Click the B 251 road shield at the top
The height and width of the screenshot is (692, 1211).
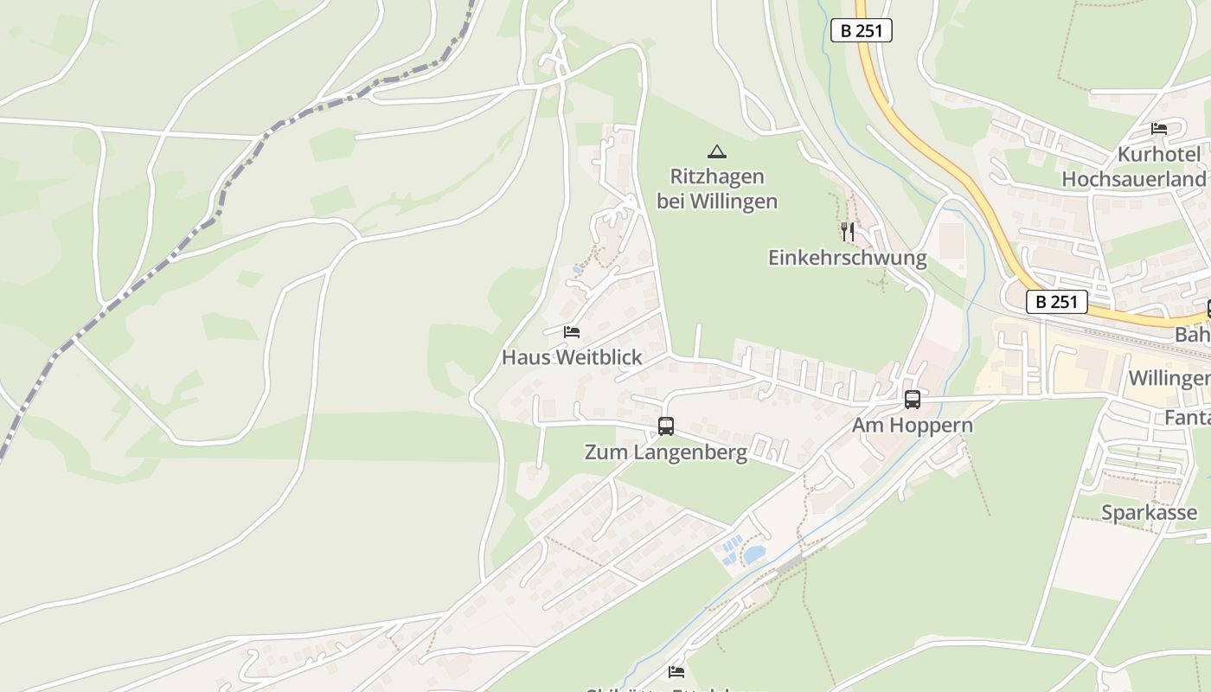click(x=861, y=30)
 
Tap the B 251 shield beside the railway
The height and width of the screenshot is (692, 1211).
click(x=1056, y=302)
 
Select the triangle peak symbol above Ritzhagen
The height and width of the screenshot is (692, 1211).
click(x=716, y=151)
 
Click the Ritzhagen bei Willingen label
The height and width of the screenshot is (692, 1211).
click(x=717, y=189)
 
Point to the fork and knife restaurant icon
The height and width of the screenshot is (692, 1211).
click(x=848, y=231)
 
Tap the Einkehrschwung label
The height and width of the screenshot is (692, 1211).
click(x=847, y=258)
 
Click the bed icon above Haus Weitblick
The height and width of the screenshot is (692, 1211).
click(x=571, y=331)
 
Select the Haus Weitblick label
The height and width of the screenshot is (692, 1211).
click(x=572, y=357)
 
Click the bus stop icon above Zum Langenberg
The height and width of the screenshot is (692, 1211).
click(x=666, y=426)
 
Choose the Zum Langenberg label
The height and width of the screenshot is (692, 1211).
click(x=666, y=452)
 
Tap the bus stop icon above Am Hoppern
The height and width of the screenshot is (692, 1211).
click(x=913, y=399)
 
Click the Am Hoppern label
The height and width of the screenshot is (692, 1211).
click(x=913, y=426)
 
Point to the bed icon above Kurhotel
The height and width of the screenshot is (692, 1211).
click(x=1159, y=129)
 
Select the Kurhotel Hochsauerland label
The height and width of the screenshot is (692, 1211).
click(x=1133, y=167)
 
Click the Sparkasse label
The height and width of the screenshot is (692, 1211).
click(x=1149, y=512)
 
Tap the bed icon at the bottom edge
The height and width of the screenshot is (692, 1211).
click(x=676, y=671)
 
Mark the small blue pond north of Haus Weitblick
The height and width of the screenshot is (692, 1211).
click(x=577, y=270)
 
